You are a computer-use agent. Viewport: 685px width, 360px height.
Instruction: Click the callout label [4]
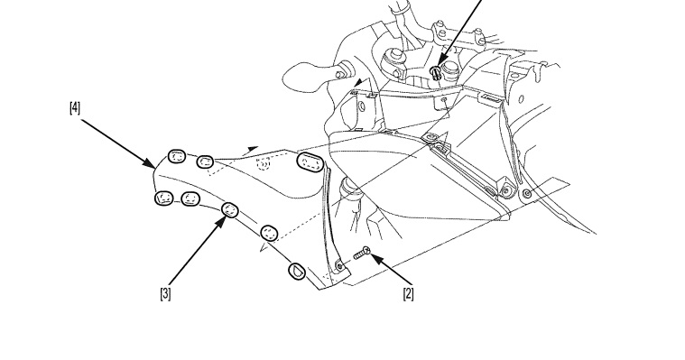tap(75, 107)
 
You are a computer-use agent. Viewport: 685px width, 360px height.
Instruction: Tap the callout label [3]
tap(165, 293)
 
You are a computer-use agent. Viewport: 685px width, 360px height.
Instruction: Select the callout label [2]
tap(408, 293)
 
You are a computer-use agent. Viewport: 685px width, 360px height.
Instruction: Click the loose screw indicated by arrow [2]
tap(362, 253)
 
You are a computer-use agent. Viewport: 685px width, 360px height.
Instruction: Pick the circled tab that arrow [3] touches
tap(230, 210)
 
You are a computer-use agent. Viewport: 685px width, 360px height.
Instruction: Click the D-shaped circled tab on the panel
tap(297, 271)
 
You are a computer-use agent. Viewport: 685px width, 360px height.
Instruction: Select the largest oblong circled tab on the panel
tap(310, 163)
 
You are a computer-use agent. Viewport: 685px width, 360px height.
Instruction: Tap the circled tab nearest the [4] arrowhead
tap(177, 156)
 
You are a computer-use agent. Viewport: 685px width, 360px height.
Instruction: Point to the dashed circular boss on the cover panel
tap(263, 163)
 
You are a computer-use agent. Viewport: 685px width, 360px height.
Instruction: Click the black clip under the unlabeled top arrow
tap(436, 71)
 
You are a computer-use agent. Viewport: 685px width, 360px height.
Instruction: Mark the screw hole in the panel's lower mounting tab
tap(339, 265)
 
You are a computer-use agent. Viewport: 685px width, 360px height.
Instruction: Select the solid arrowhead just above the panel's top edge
tap(251, 150)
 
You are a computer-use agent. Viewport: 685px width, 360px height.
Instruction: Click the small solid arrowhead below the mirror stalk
tap(358, 82)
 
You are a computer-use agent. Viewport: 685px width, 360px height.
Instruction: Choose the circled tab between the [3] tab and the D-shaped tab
tap(270, 233)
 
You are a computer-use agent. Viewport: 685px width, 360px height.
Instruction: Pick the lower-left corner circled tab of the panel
tap(164, 198)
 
